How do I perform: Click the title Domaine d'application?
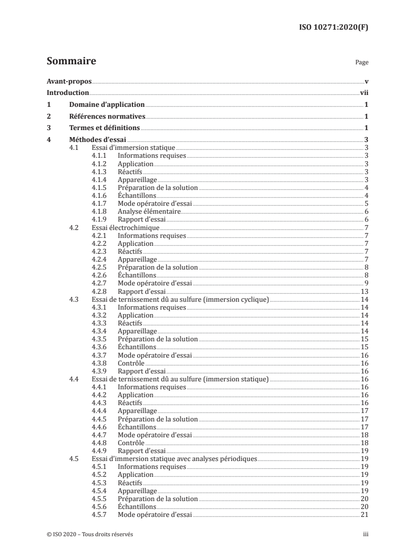107,104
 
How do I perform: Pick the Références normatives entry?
107,116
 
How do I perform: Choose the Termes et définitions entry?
105,128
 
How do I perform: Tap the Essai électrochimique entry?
125,228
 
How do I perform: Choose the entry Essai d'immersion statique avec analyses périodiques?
174,459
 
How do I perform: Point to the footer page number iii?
365,535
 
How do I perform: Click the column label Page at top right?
362,63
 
